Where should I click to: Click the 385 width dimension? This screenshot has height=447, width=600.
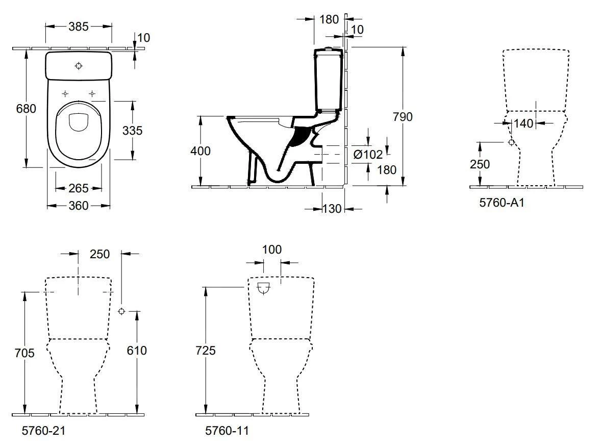point(79,26)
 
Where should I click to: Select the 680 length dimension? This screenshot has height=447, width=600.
point(26,109)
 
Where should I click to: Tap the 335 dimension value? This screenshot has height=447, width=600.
point(132,130)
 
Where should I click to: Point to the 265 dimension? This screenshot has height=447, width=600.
point(79,188)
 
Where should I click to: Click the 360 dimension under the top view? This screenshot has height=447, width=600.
point(79,206)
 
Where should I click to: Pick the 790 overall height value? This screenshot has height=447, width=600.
point(403,116)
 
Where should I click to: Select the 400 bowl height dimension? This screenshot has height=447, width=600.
point(200,151)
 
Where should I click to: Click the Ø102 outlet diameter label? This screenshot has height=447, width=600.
point(367,154)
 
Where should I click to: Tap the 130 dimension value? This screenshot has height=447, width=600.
point(333,209)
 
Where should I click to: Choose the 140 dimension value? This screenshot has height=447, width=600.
point(523,123)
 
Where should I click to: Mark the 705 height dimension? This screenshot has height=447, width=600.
point(24,353)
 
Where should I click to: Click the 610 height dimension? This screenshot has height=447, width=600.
point(136,351)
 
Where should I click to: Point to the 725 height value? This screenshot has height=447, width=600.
point(205,351)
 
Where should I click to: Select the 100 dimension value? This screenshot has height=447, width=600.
point(271,250)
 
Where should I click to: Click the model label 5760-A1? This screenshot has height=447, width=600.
point(502,203)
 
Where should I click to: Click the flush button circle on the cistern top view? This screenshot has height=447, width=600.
point(78,66)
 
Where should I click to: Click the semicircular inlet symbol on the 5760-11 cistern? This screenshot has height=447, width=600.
point(264,289)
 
